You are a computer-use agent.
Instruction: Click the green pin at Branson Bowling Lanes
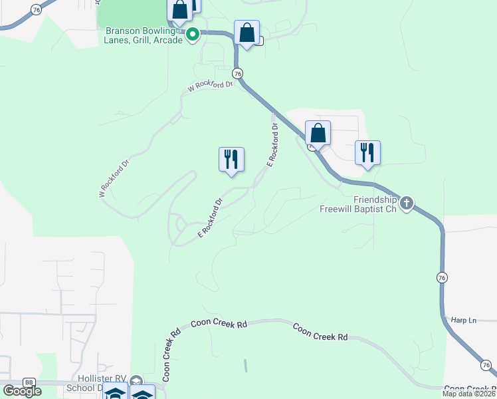(x=193, y=34)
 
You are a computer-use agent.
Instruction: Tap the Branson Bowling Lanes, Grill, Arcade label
(x=143, y=35)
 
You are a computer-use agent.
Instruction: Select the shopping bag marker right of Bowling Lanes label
(x=247, y=33)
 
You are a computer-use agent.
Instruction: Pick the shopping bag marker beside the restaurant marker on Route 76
(x=318, y=134)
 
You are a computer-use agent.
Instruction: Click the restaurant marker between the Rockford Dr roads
(x=231, y=160)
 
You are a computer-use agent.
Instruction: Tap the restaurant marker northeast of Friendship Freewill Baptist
(x=367, y=154)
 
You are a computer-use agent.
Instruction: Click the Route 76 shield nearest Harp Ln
(x=442, y=277)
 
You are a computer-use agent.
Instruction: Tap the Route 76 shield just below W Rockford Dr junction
(x=237, y=73)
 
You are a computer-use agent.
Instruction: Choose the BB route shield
(x=29, y=382)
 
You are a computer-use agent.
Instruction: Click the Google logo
(x=21, y=391)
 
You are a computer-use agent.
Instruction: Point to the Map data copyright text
(x=469, y=394)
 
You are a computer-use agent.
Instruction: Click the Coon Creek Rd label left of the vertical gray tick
(x=219, y=324)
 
